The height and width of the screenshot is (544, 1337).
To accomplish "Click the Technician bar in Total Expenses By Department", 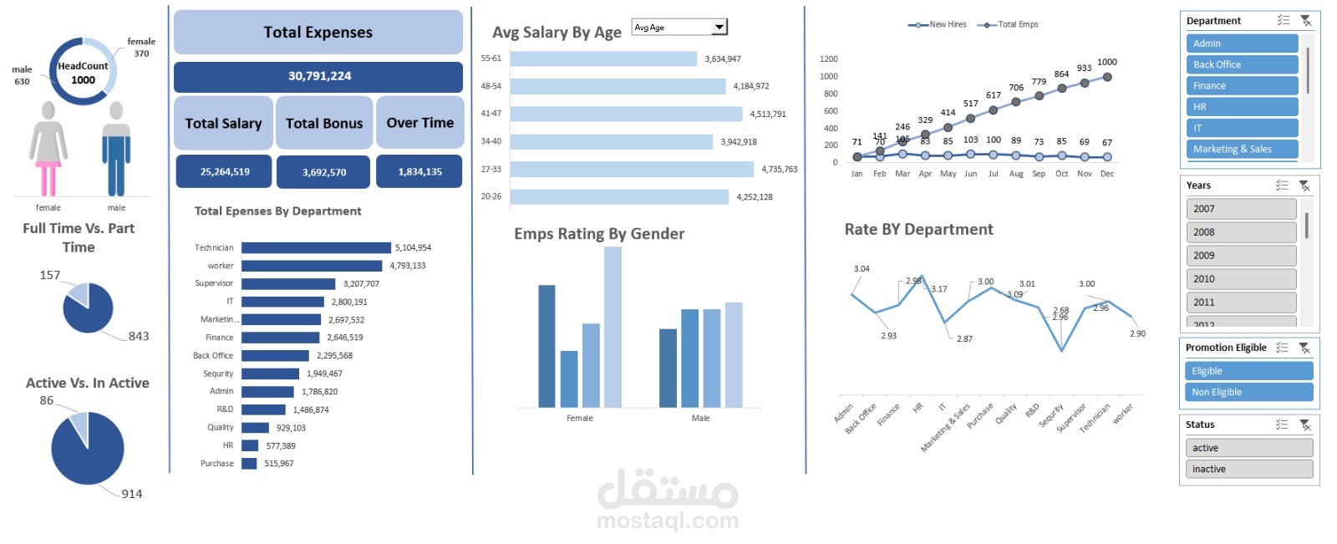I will (316, 247).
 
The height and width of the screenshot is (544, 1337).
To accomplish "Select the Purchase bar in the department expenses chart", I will (249, 463).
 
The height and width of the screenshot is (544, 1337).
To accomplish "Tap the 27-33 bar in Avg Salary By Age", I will (632, 170).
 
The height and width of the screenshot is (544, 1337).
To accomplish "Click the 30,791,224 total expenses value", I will (318, 76).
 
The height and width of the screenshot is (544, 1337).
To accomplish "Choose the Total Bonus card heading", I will (324, 123).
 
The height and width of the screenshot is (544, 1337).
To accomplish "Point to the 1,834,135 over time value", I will (419, 171).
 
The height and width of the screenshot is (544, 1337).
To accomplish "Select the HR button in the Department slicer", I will (1241, 107).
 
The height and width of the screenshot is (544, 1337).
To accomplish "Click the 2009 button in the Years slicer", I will (1241, 256).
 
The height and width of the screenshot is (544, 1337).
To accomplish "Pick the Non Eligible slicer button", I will (1248, 392).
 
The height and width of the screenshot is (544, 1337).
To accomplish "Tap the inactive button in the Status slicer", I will (1248, 469).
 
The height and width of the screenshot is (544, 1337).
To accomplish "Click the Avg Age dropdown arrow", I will (719, 28).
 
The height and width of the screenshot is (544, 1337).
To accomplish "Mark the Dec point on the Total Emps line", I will (1107, 77).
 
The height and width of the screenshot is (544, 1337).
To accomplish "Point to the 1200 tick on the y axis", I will (828, 59).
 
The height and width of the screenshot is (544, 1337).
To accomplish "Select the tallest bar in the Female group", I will (613, 327).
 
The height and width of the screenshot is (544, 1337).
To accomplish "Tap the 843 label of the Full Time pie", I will (139, 336).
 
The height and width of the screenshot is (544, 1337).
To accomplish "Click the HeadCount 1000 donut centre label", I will (83, 73).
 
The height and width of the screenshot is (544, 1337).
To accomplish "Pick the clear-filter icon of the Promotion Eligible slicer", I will (1304, 348).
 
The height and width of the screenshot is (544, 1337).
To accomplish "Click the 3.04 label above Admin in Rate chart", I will (862, 268).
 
